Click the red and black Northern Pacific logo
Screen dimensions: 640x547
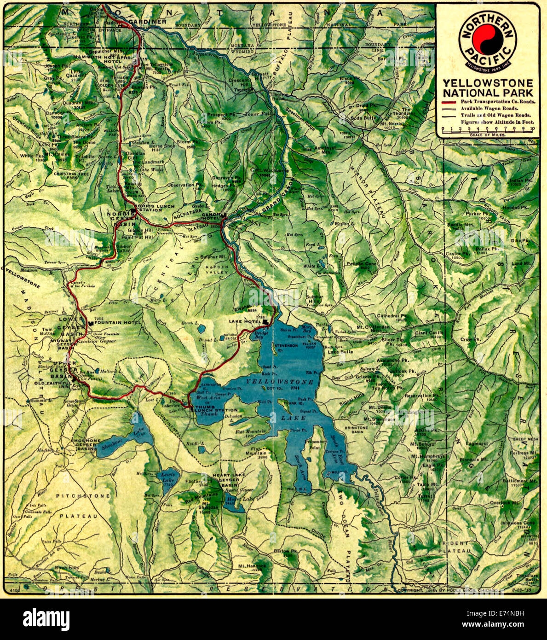[x=488, y=39]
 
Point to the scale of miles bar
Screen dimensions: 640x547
[x=487, y=130]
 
